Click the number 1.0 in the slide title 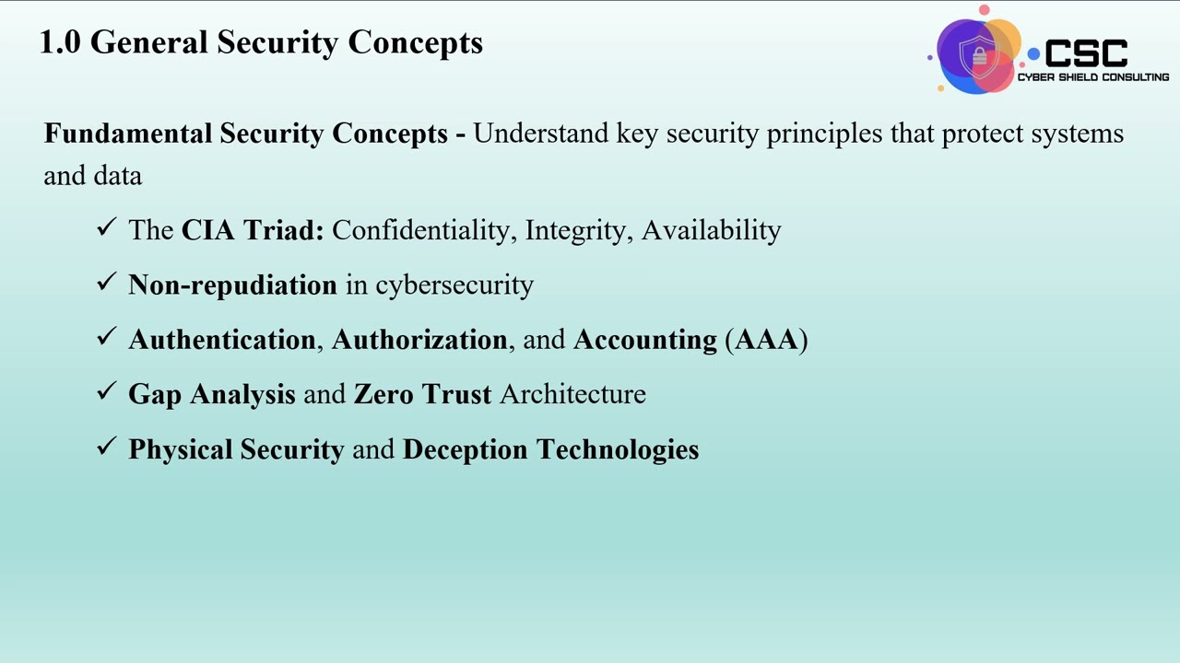pyautogui.click(x=61, y=42)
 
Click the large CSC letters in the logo pyautogui.click(x=1085, y=53)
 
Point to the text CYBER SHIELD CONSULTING pyautogui.click(x=1092, y=77)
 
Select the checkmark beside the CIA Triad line pyautogui.click(x=107, y=227)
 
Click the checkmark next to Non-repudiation pyautogui.click(x=107, y=283)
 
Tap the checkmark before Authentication pyautogui.click(x=107, y=337)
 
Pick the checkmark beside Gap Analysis pyautogui.click(x=107, y=391)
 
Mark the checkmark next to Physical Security pyautogui.click(x=107, y=447)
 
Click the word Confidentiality pyautogui.click(x=420, y=230)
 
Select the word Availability pyautogui.click(x=711, y=230)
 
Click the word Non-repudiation pyautogui.click(x=232, y=285)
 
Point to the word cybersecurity pyautogui.click(x=454, y=285)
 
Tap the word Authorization pyautogui.click(x=419, y=340)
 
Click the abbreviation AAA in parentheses pyautogui.click(x=766, y=340)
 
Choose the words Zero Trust pyautogui.click(x=422, y=394)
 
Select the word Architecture pyautogui.click(x=572, y=394)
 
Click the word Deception pyautogui.click(x=466, y=449)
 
